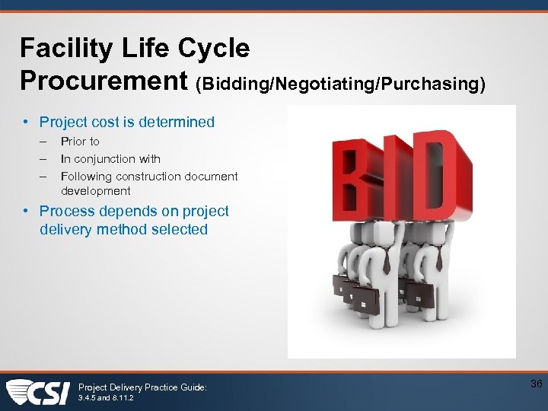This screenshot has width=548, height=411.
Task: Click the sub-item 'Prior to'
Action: click(80, 142)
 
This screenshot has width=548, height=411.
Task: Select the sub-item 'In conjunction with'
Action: click(110, 159)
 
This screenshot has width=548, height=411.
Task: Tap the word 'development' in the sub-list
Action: click(96, 191)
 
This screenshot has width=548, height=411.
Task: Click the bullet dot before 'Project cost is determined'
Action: click(26, 122)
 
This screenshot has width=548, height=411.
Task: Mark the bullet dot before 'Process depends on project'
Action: click(26, 212)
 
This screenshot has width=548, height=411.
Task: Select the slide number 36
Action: click(536, 384)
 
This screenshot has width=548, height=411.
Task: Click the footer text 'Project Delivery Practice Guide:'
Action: click(142, 387)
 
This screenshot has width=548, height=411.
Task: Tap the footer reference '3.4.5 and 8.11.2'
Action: click(107, 398)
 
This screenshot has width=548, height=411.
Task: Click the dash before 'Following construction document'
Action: click(44, 177)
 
